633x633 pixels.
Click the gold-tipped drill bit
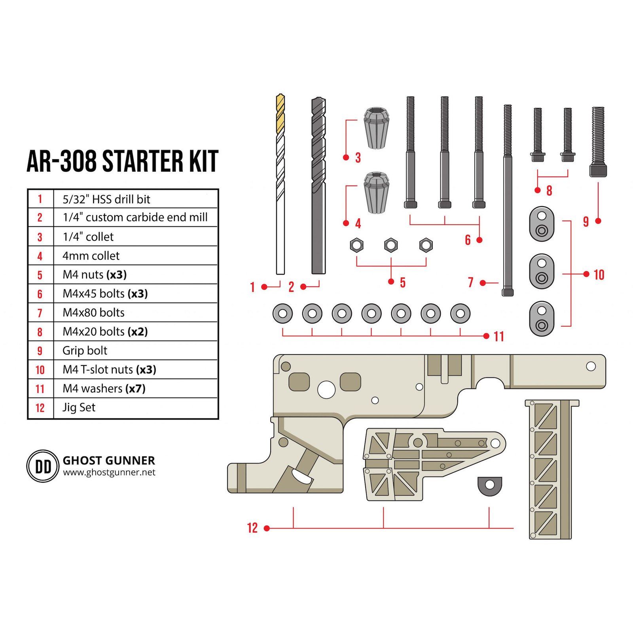coord(280,184)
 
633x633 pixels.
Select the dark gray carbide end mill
coord(318,185)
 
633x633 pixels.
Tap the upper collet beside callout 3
coord(376,128)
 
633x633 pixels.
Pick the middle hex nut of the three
coord(391,245)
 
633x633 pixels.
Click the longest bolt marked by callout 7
coord(508,200)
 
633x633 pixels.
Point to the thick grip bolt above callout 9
coord(598,142)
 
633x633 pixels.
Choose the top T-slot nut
coord(542,224)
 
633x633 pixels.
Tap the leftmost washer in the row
coord(282,314)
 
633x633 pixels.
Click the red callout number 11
coord(498,337)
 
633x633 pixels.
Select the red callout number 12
coord(252,528)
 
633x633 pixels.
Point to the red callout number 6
coord(468,240)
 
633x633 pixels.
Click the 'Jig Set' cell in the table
coord(79,407)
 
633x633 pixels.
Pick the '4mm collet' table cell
coord(91,256)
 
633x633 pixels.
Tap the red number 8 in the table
coord(40,332)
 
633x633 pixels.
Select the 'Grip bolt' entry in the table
coord(85,351)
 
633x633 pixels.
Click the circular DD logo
coord(43,466)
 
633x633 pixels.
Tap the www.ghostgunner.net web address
coord(109,472)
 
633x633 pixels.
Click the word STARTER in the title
coord(143,161)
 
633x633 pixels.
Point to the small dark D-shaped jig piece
coord(490,486)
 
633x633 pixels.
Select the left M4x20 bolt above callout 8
coord(538,135)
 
